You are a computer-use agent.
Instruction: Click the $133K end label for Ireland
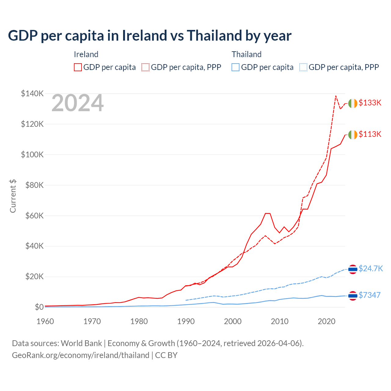(x=370, y=103)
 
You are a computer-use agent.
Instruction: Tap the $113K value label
(x=370, y=134)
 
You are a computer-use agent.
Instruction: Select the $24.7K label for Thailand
(x=371, y=269)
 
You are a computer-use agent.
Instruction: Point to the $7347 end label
(x=369, y=295)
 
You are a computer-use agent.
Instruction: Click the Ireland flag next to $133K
(x=353, y=104)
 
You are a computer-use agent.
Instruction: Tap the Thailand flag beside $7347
(x=353, y=296)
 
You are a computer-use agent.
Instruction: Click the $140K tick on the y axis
(x=32, y=93)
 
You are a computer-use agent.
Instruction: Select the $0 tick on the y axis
(x=39, y=307)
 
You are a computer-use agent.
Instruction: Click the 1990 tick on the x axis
(x=186, y=321)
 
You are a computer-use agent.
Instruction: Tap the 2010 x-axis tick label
(x=280, y=321)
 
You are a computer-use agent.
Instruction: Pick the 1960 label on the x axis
(x=45, y=321)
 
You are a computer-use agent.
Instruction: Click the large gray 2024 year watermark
(x=78, y=103)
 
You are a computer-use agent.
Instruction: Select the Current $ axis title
(x=13, y=196)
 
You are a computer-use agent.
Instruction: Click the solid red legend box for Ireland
(x=78, y=67)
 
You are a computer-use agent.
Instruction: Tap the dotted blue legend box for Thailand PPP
(x=303, y=67)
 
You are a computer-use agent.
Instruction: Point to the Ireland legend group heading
(x=86, y=54)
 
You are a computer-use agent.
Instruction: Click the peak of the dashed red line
(x=336, y=96)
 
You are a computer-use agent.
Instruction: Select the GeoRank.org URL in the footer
(x=80, y=355)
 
